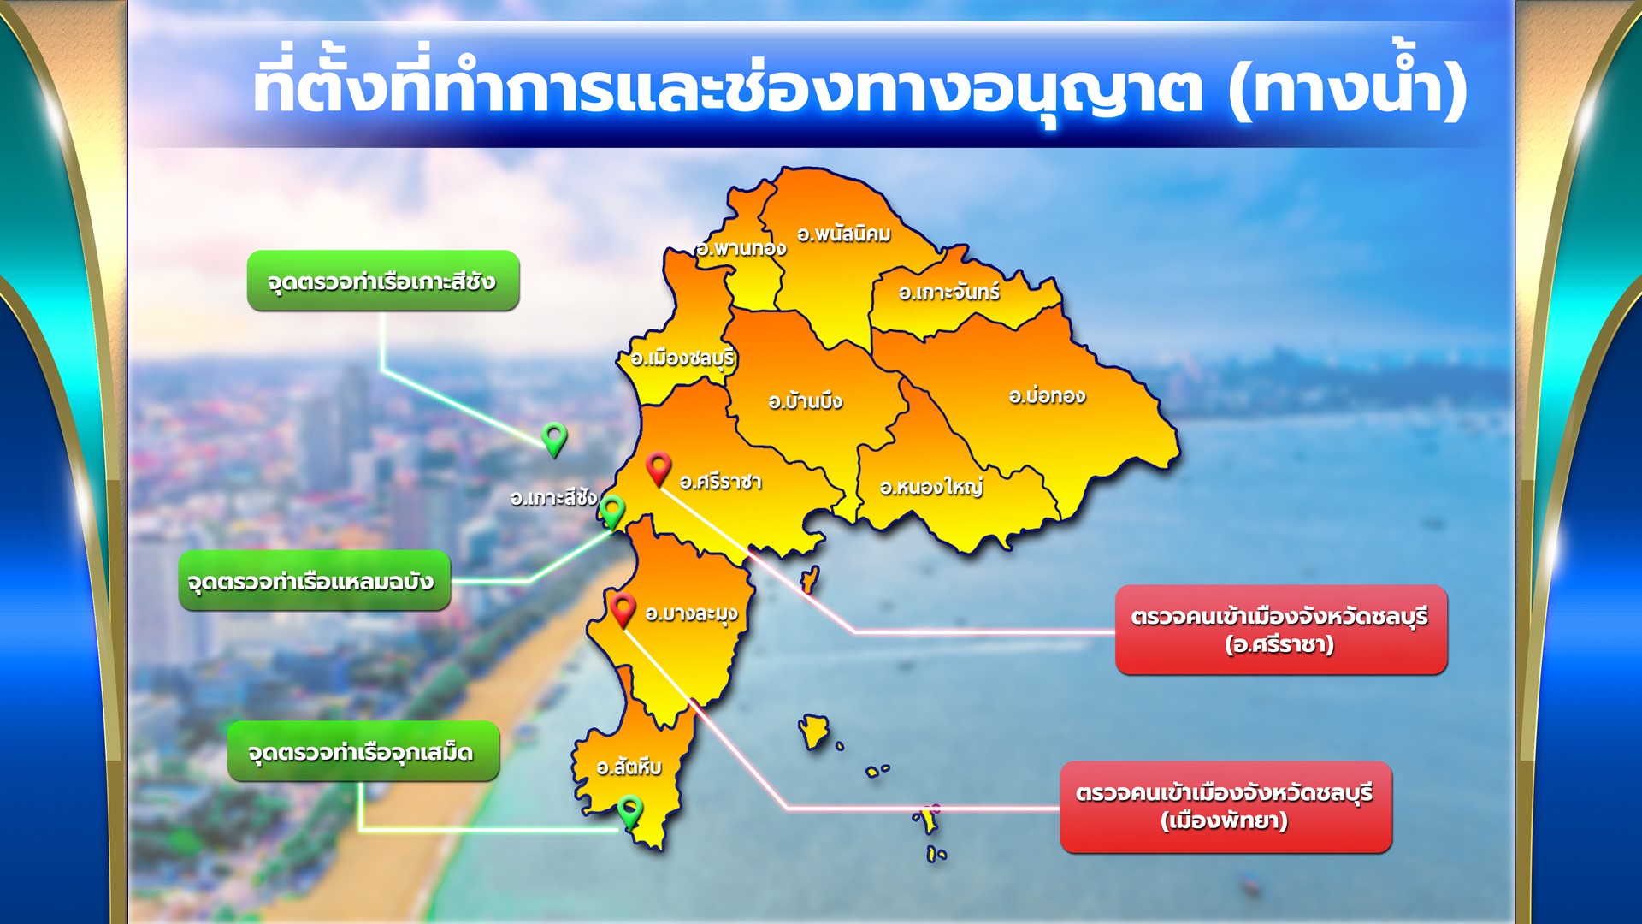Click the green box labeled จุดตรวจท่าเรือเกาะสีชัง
[383, 281]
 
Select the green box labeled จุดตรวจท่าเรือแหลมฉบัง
[314, 581]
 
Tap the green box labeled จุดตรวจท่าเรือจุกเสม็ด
[363, 751]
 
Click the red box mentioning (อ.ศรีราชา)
[1281, 630]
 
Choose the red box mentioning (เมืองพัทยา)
[1226, 807]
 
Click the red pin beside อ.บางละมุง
[623, 610]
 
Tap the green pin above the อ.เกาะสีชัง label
[554, 440]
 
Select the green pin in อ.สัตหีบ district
[630, 812]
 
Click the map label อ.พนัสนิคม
[843, 234]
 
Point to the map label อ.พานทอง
[741, 248]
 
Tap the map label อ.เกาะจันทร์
[948, 292]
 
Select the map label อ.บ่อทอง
[1047, 395]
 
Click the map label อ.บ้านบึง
[805, 400]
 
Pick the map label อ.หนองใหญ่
[931, 487]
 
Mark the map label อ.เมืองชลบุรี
[682, 358]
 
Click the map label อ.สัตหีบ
[629, 766]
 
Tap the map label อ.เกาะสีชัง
[553, 497]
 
